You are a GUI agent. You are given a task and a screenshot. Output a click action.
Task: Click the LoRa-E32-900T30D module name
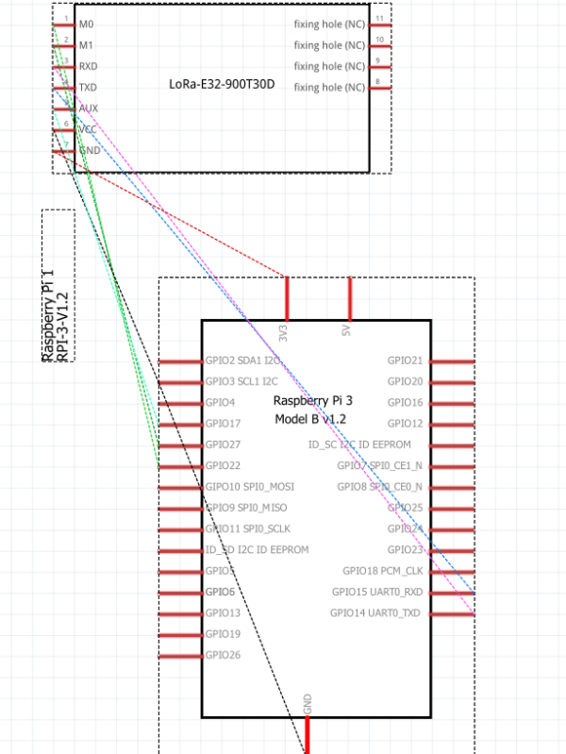pyautogui.click(x=222, y=84)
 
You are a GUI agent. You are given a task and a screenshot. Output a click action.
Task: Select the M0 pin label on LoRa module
pyautogui.click(x=86, y=24)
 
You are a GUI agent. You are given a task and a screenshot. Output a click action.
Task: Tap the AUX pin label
pyautogui.click(x=89, y=109)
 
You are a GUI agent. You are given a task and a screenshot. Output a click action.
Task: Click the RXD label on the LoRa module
pyautogui.click(x=88, y=66)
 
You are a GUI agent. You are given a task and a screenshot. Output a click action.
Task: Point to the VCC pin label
pyautogui.click(x=88, y=129)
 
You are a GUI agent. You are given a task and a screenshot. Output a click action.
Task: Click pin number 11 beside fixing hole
pyautogui.click(x=378, y=19)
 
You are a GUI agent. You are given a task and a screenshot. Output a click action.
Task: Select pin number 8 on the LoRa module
pyautogui.click(x=377, y=82)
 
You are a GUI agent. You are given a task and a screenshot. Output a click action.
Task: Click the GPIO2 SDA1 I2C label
pyautogui.click(x=241, y=360)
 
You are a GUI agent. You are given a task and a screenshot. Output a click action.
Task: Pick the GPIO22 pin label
pyautogui.click(x=223, y=465)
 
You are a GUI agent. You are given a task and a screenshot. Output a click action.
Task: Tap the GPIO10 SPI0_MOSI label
pyautogui.click(x=250, y=486)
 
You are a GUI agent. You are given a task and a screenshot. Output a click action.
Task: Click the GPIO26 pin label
pyautogui.click(x=223, y=655)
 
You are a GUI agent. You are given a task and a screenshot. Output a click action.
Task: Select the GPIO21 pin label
pyautogui.click(x=405, y=360)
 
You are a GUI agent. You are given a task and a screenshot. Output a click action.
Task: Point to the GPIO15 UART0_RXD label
pyautogui.click(x=376, y=592)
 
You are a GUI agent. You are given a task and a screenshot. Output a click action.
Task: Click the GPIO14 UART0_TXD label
pyautogui.click(x=375, y=613)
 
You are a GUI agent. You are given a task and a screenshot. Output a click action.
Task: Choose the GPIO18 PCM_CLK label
pyautogui.click(x=383, y=571)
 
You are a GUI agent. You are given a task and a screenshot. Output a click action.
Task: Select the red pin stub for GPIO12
pyautogui.click(x=452, y=424)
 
